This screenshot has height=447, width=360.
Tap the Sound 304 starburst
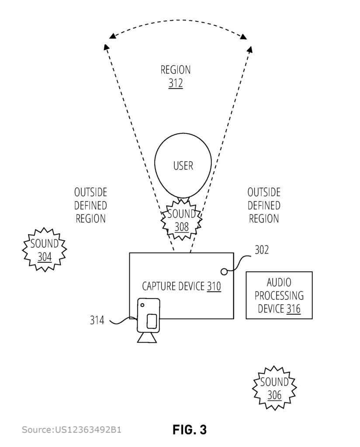tap(45, 250)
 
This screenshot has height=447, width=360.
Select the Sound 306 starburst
tap(274, 388)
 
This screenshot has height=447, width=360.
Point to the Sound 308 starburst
tap(181, 220)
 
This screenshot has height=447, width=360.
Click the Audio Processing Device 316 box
tap(279, 296)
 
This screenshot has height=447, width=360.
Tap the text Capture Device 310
tap(181, 286)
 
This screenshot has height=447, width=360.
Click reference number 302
tap(261, 250)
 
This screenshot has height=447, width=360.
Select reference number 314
tap(97, 320)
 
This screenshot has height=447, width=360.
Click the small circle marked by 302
tap(224, 272)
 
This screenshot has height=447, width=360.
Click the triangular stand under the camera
tap(147, 337)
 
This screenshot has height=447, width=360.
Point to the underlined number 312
tap(176, 83)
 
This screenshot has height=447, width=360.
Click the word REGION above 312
tap(176, 70)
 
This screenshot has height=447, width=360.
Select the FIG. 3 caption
tap(190, 430)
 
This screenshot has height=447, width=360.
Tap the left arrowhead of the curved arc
tap(113, 36)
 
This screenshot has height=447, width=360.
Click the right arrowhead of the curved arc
tap(244, 36)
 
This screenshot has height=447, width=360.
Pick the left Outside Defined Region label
tap(90, 205)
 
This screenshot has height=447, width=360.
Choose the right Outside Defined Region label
tap(264, 205)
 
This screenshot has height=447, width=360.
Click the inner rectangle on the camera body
tap(152, 321)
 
